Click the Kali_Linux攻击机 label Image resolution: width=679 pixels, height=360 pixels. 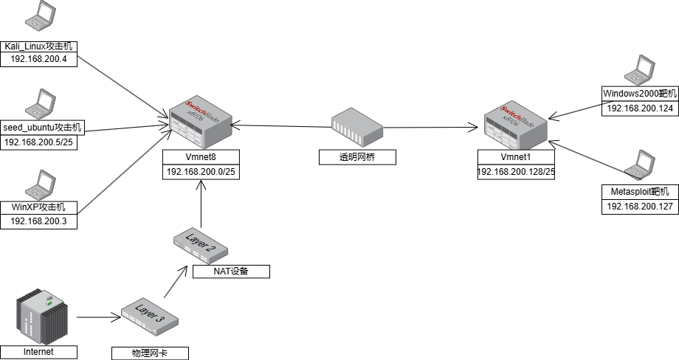[x=39, y=46]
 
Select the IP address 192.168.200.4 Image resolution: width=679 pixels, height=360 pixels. [x=39, y=60]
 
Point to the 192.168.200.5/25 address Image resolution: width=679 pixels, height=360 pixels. [x=39, y=142]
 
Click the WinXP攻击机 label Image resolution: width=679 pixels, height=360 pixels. [x=39, y=207]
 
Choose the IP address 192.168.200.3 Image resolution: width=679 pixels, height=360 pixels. [x=39, y=221]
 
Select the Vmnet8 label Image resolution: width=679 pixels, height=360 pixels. [x=201, y=156]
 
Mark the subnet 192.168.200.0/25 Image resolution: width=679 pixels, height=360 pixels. [x=201, y=171]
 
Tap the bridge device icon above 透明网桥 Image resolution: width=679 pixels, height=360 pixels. [x=357, y=125]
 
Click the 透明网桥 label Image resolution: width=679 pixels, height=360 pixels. [x=357, y=157]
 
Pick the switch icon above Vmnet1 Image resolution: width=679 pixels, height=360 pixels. [x=516, y=124]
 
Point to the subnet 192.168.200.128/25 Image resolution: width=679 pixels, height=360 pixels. [x=516, y=171]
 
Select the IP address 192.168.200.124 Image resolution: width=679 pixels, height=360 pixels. [x=640, y=108]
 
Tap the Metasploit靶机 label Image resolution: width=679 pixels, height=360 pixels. [x=640, y=193]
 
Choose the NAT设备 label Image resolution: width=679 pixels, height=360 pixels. [x=231, y=271]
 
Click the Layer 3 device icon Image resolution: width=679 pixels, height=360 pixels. [x=150, y=316]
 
